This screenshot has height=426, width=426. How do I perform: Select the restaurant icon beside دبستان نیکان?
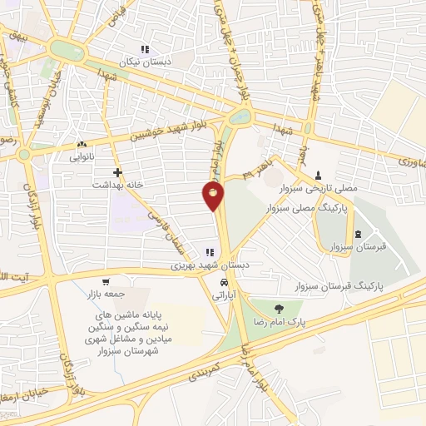(x=146, y=50)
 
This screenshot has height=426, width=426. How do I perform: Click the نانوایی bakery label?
(x=82, y=156)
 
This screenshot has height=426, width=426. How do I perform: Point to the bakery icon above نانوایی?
(x=82, y=144)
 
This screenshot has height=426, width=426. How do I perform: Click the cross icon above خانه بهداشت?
(x=119, y=171)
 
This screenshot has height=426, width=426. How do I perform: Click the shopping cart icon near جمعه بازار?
(x=105, y=282)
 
